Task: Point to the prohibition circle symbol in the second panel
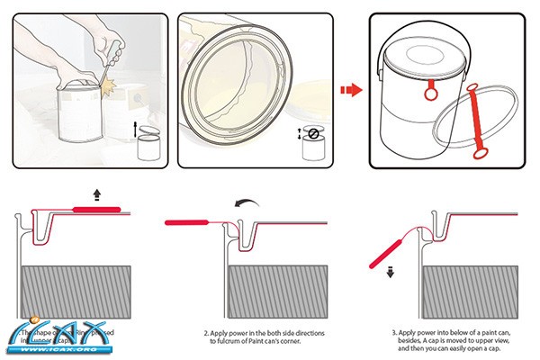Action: pyautogui.click(x=312, y=133)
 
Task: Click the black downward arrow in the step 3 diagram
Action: pyautogui.click(x=391, y=274)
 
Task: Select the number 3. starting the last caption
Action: pyautogui.click(x=394, y=332)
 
